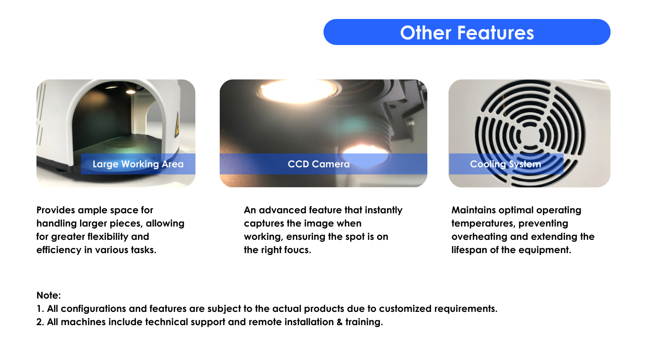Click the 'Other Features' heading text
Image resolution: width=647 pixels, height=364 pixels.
point(467,32)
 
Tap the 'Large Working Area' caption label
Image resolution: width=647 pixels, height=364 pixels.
point(138,164)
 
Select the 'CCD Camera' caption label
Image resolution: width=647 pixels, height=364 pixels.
point(319,164)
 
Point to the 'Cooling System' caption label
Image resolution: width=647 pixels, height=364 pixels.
point(505,164)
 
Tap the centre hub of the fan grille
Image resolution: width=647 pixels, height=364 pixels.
point(529,135)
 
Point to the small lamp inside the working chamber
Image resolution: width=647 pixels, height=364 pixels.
point(131,91)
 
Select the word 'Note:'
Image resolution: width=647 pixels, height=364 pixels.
point(48,295)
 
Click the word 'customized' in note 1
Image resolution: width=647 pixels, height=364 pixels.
point(405,309)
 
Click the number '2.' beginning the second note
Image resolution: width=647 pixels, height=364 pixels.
point(40,322)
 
